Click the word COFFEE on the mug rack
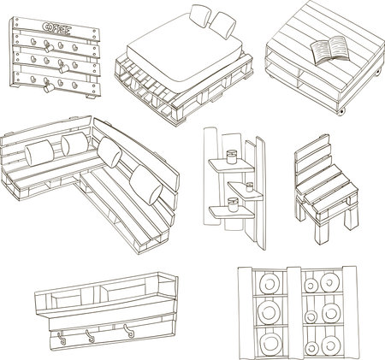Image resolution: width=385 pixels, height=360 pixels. click(56, 28)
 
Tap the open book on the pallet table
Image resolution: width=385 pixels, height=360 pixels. click(329, 50)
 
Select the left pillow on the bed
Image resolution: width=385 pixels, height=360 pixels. click(200, 15)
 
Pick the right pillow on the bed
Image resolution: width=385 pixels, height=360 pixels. click(224, 25)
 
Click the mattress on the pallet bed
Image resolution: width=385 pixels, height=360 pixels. click(186, 51)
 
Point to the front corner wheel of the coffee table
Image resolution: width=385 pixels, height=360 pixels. click(341, 112)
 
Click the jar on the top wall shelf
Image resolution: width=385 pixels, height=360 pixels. click(231, 157)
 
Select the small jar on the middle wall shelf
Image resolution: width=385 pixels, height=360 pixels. click(250, 187)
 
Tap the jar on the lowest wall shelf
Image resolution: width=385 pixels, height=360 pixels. click(233, 204)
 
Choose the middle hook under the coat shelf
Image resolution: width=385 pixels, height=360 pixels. click(91, 336)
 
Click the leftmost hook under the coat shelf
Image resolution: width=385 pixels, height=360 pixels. click(62, 339)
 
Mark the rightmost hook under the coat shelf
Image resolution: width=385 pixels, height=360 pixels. click(129, 331)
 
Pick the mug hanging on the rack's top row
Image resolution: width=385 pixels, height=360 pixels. click(49, 47)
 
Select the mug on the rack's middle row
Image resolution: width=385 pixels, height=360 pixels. click(63, 68)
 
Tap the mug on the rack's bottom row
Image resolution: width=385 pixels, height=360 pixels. click(49, 86)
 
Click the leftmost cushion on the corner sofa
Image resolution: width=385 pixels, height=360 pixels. click(39, 152)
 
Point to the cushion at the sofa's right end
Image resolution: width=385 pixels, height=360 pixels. click(146, 185)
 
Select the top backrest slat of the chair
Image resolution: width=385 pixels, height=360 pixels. click(312, 145)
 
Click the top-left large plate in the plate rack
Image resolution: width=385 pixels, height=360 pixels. click(269, 284)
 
